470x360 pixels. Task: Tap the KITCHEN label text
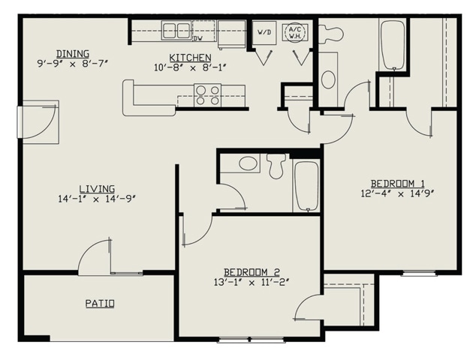click(x=189, y=57)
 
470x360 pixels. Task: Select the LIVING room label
click(x=97, y=188)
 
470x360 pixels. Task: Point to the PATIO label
click(x=99, y=304)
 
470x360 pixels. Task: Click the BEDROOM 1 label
click(x=398, y=183)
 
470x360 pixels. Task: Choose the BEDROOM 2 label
click(x=252, y=271)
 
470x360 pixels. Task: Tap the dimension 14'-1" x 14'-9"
click(x=96, y=199)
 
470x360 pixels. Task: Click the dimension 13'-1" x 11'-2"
click(x=252, y=283)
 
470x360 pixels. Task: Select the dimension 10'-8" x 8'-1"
click(x=189, y=68)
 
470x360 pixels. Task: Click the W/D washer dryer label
click(x=264, y=33)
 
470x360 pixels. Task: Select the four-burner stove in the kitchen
click(x=208, y=94)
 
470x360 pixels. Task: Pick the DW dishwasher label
click(x=198, y=38)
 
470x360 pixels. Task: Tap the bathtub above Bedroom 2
click(x=306, y=185)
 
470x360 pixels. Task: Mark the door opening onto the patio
click(x=98, y=259)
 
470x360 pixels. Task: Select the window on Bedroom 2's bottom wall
click(x=251, y=340)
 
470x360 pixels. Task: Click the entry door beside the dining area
click(x=38, y=120)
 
